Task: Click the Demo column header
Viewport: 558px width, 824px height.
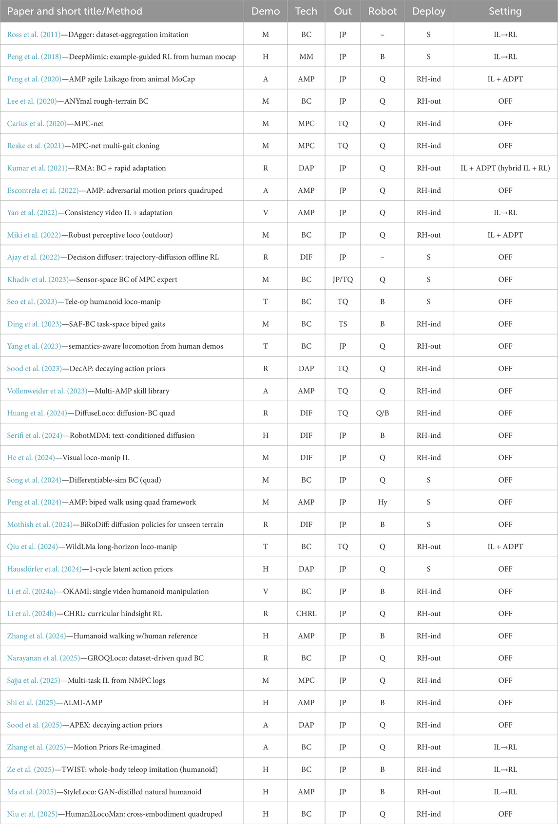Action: point(266,11)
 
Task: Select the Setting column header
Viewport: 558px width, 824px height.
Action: point(505,11)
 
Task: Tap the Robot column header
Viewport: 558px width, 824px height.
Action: point(383,11)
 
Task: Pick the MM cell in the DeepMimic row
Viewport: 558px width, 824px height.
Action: point(306,57)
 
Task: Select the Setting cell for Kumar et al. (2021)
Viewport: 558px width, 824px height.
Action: point(505,168)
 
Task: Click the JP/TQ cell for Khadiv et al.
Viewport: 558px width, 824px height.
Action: point(343,280)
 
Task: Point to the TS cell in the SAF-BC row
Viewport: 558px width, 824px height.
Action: point(343,324)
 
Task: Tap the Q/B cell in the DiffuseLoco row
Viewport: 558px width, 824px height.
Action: point(383,413)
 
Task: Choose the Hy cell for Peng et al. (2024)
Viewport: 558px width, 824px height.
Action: point(383,502)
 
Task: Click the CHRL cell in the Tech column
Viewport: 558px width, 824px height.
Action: point(306,614)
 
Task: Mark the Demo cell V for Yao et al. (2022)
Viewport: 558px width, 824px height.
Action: point(266,213)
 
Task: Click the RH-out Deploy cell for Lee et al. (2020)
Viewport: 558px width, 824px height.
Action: point(428,101)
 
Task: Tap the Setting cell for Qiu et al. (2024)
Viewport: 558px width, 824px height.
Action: point(505,546)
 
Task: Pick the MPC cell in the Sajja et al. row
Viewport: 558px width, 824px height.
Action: point(306,680)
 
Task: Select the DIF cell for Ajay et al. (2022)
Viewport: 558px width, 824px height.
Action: point(306,257)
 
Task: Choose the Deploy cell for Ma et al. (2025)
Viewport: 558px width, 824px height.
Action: point(428,792)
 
